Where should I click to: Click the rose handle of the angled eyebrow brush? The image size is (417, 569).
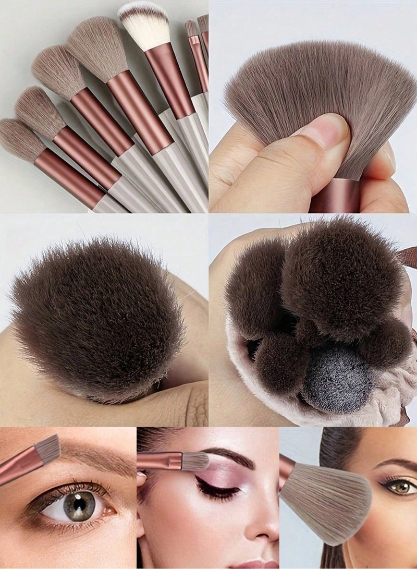(16, 469)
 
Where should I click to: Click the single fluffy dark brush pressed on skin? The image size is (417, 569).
(96, 318)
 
